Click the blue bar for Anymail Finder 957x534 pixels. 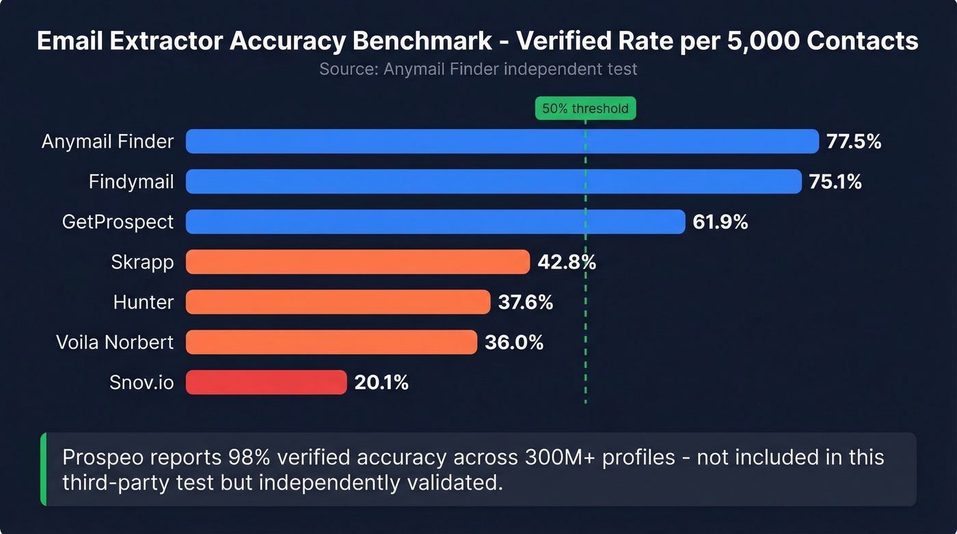pos(502,142)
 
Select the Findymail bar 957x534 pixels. pos(493,181)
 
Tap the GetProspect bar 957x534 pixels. pos(435,222)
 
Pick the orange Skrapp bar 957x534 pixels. pos(358,262)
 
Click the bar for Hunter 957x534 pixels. pos(338,302)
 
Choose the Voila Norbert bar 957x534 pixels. pos(331,342)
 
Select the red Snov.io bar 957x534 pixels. pos(266,382)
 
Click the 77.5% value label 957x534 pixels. pos(853,142)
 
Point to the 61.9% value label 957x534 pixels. pos(720,222)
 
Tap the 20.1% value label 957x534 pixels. pos(381,382)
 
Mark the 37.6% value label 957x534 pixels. pos(525,302)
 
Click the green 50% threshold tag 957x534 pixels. pos(585,109)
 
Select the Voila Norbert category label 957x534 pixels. pos(115,342)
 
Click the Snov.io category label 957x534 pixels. pos(141,382)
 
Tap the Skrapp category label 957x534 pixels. pos(142,262)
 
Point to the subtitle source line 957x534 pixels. pos(478,69)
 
